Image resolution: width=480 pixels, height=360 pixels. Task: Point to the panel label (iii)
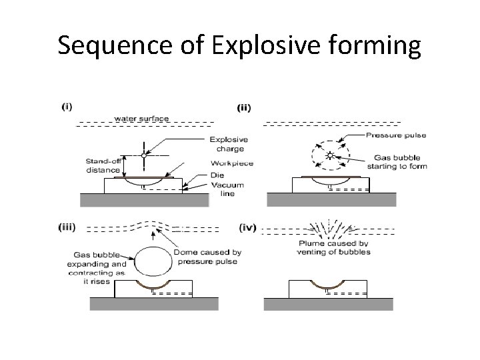69,227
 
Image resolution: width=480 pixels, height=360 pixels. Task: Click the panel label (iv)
246,227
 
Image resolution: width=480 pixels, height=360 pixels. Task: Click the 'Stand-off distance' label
102,165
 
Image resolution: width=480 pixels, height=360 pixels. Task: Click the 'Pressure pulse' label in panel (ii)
396,135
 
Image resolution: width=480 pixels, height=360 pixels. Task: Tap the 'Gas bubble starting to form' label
396,162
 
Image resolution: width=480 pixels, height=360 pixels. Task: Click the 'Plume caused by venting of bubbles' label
335,248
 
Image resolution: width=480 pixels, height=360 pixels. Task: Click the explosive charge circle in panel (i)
143,155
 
